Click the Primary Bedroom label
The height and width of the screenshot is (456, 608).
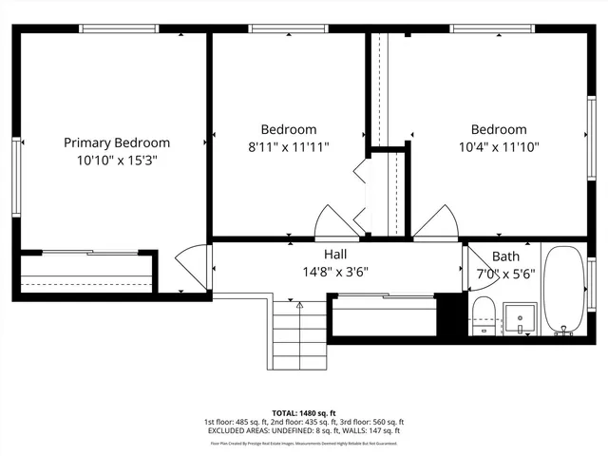117,142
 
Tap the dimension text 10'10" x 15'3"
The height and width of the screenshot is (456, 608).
117,161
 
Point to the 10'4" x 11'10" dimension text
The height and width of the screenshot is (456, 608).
498,147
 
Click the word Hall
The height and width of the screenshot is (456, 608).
335,255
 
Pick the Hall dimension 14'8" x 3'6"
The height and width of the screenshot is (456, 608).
335,272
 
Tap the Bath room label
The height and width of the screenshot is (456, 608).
505,256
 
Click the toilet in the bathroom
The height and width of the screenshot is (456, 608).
484,315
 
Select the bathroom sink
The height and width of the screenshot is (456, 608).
519,316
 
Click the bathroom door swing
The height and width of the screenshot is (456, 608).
467,268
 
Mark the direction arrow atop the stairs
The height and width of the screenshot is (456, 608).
299,306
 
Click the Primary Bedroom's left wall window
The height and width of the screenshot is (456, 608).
16,177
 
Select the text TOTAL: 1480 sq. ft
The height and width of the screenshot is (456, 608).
303,413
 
